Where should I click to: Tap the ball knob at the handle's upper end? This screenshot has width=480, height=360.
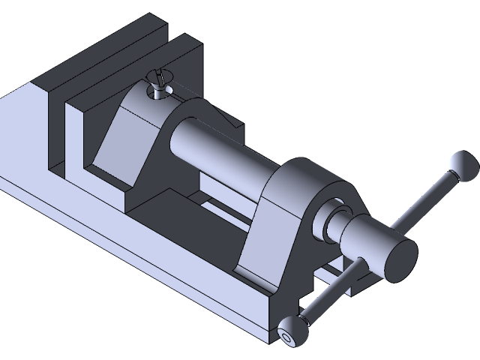(x=462, y=164)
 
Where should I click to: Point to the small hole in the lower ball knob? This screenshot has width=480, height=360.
(x=287, y=338)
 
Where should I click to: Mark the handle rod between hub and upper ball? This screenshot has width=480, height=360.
(x=424, y=202)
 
